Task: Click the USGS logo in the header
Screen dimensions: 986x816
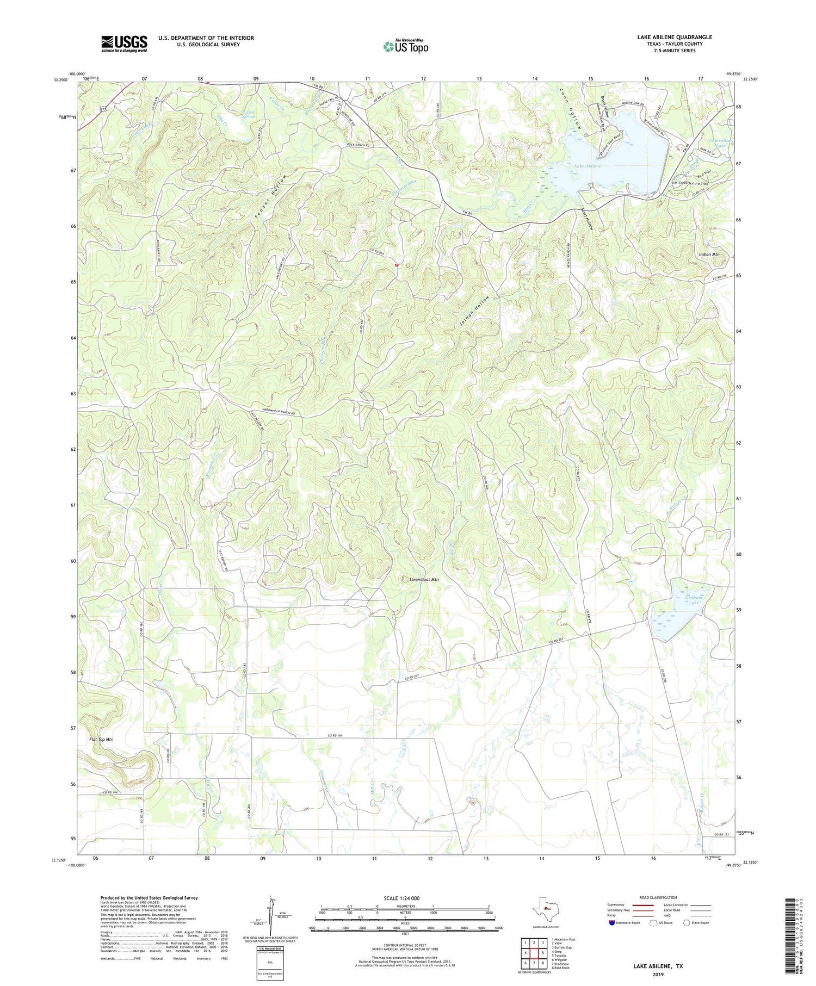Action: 124,44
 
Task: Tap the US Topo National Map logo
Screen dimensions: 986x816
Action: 405,46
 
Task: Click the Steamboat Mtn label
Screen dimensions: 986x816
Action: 424,580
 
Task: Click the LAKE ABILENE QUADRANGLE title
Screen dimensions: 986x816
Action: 675,37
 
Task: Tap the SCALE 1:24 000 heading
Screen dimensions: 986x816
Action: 401,898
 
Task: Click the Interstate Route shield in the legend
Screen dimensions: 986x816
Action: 613,923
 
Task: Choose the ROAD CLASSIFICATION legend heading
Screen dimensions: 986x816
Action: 658,897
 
